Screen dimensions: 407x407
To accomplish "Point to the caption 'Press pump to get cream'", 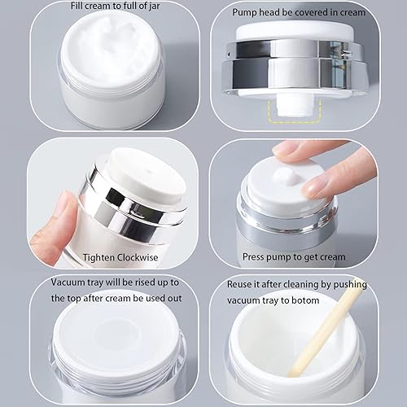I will click(294, 256).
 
